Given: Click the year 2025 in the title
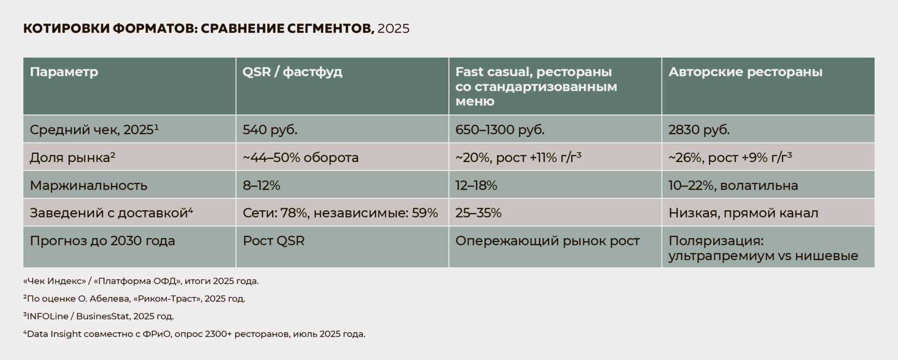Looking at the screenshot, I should point(393,29).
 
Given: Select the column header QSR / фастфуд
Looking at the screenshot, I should point(292,72).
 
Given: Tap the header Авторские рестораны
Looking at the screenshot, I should point(745,72).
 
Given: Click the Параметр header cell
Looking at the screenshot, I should point(64,72).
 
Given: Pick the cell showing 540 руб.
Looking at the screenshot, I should point(270,130).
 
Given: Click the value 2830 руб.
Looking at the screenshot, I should point(699,130).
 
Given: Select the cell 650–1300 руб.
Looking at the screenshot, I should point(500,130).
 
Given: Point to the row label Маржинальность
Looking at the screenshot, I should point(88,185).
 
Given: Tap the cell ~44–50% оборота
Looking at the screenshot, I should point(300,158).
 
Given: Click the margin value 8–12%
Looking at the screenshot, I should point(261,185).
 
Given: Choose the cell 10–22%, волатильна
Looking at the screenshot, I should point(733,185).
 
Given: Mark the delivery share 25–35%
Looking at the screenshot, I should point(478,213).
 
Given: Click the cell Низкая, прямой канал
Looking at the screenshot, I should point(743,213).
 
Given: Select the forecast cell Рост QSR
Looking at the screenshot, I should point(274,241).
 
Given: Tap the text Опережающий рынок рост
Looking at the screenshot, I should point(547,241).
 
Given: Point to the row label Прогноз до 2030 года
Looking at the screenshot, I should point(102,241).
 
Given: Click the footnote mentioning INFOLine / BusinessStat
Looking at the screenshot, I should point(99,317).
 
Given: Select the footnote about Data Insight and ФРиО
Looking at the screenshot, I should point(194,334).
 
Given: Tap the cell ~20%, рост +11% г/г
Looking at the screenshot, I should point(518,158).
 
